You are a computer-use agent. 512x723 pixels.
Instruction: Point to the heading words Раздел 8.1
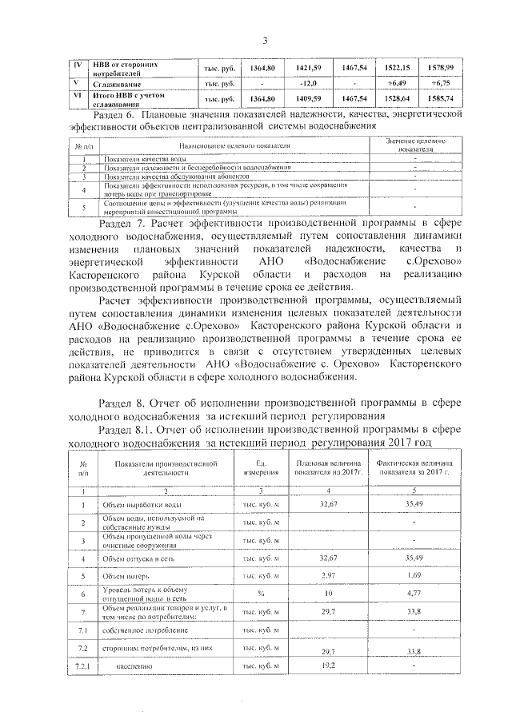133,429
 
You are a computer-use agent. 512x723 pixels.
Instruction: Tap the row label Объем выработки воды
141,505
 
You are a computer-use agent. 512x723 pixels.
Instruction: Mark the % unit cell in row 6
261,594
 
